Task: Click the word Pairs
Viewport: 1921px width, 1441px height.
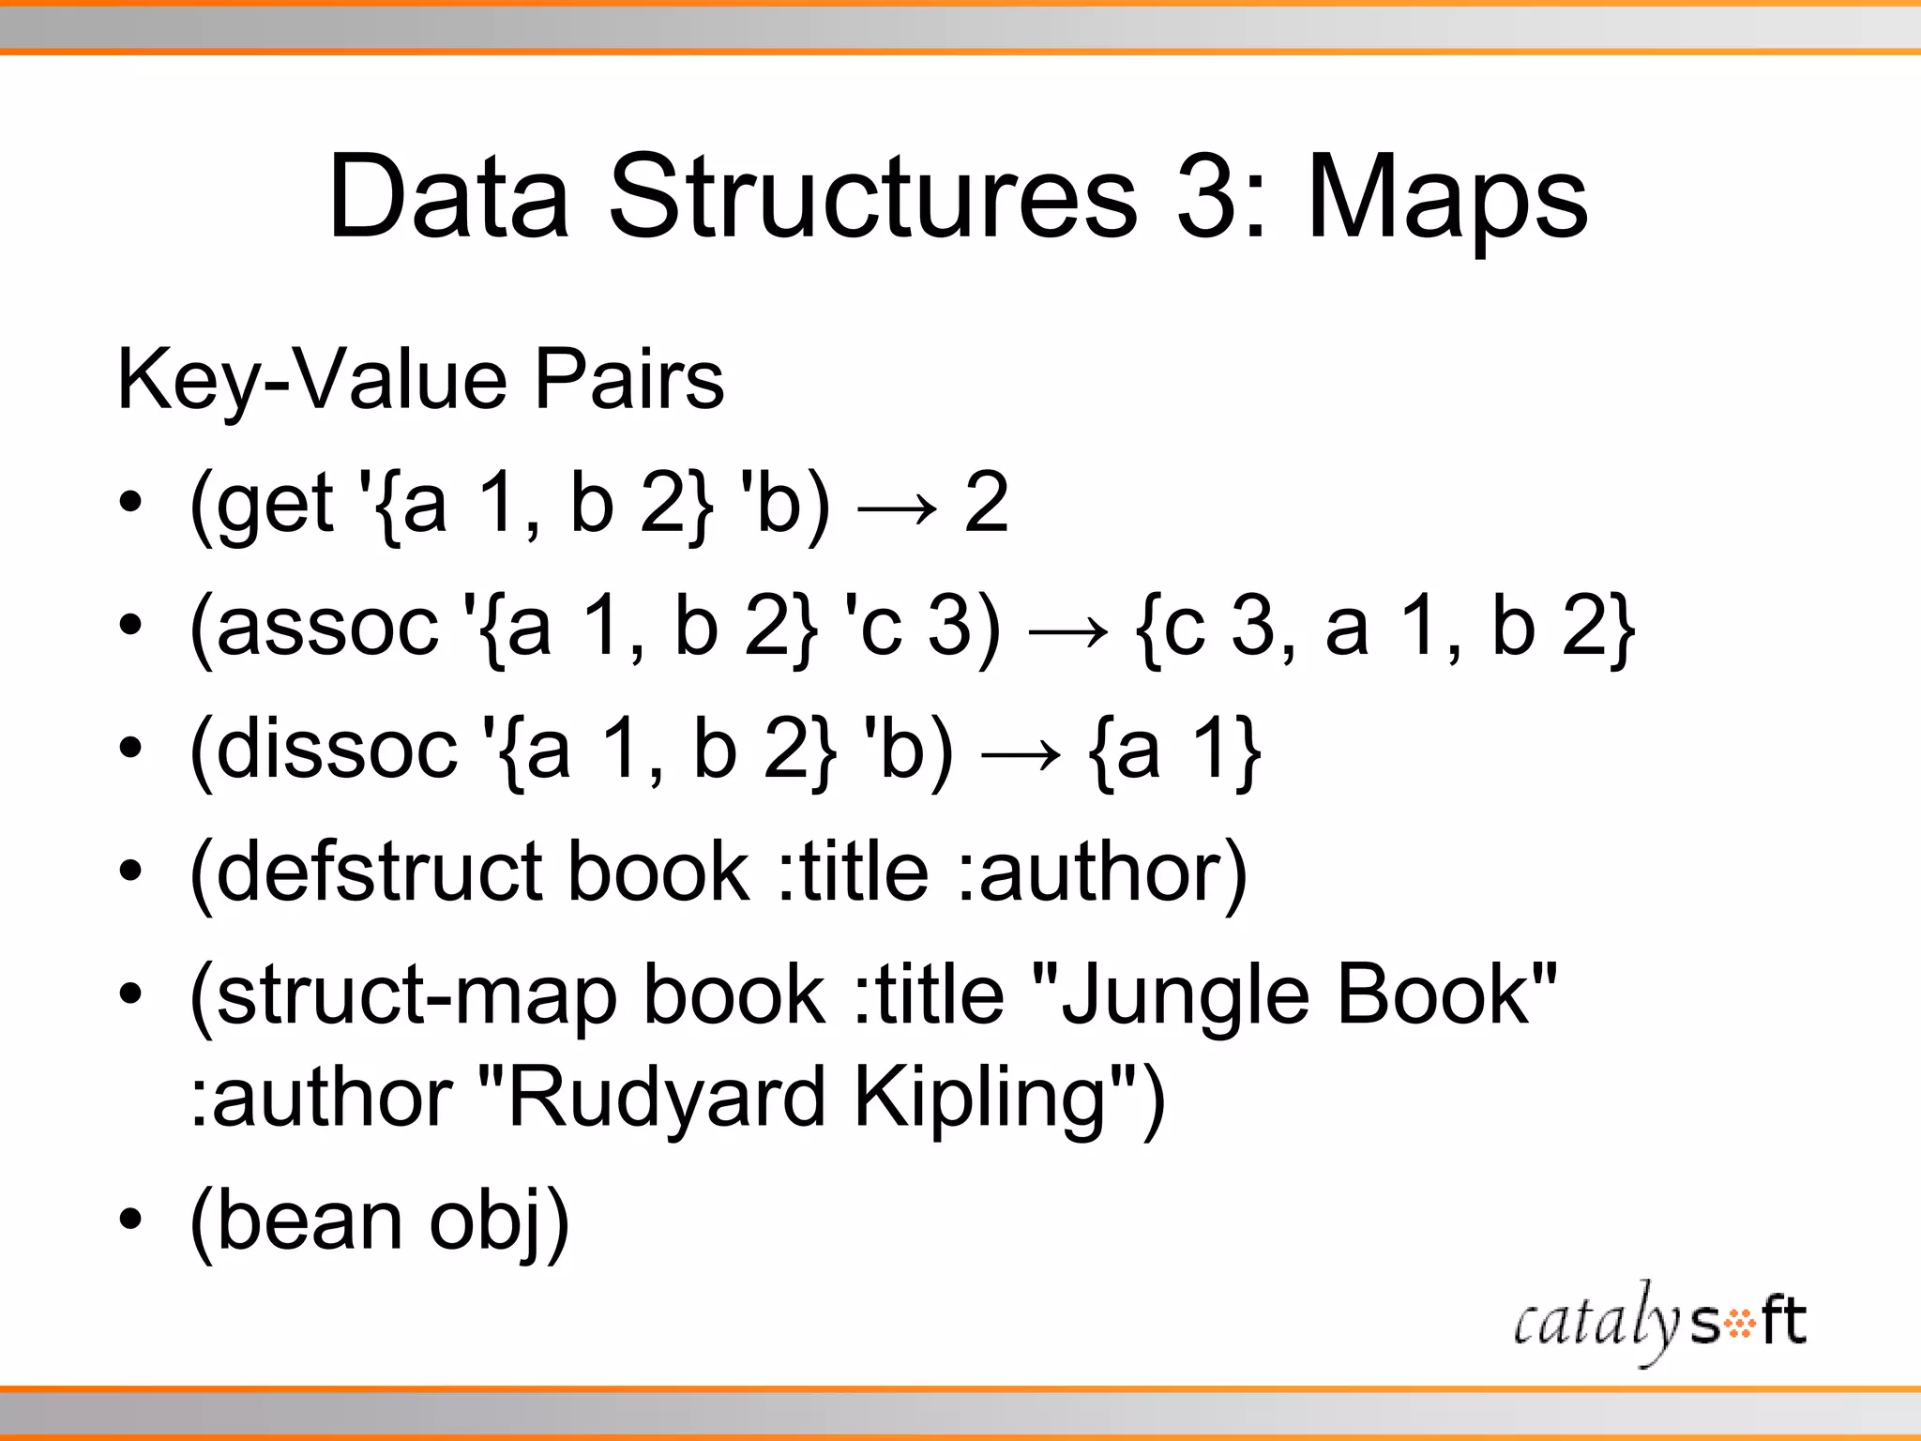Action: (628, 380)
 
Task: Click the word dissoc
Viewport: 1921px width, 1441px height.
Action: (336, 751)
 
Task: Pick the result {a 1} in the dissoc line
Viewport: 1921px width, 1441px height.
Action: (1174, 751)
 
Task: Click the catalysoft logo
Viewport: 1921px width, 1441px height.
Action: (1659, 1321)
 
